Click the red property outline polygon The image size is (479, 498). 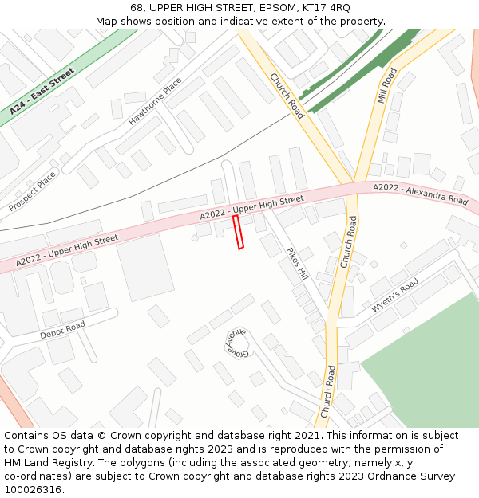pos(237,232)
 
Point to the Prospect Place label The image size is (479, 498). pos(33,191)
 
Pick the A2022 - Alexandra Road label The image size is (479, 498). pos(420,194)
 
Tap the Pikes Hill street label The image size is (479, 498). pos(296,264)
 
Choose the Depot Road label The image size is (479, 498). pos(62,330)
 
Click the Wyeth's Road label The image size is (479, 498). pos(394,296)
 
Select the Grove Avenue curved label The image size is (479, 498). pos(236,343)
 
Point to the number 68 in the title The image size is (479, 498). pos(137,8)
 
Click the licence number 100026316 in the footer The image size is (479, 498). pos(33,490)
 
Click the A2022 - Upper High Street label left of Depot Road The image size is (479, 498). pos(67,249)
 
